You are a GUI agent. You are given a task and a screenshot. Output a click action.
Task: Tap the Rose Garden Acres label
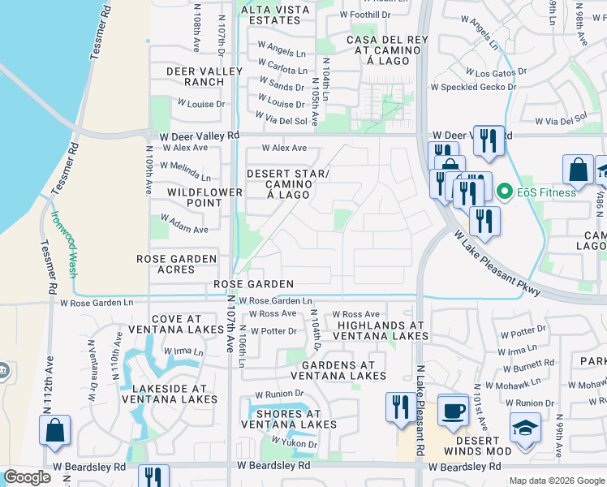pos(177,264)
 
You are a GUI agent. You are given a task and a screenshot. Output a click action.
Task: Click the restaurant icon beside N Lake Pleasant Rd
pos(398,408)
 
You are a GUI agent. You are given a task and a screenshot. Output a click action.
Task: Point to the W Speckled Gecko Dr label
pos(470,86)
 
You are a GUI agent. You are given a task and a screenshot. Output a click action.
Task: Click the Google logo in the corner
pos(27,477)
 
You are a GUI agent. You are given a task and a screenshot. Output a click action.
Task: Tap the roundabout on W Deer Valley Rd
pos(150,135)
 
